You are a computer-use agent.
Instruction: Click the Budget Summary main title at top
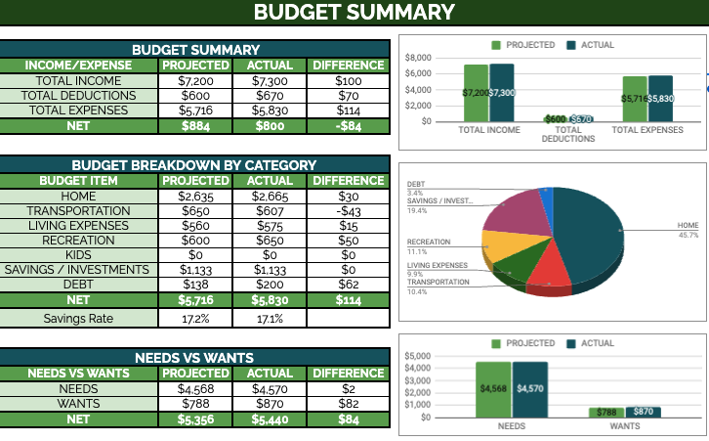354,13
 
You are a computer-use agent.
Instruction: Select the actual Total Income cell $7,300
271,81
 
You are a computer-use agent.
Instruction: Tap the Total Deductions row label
85,96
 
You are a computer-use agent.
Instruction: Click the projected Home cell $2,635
195,197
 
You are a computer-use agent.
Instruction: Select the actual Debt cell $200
271,285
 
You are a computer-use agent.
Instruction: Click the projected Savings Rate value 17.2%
195,319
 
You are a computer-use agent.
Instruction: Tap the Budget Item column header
78,181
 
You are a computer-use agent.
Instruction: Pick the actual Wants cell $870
271,404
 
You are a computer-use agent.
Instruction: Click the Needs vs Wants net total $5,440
271,419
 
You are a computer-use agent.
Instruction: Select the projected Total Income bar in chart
476,93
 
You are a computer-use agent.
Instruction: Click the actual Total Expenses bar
660,98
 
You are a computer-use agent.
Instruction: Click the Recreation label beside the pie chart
429,241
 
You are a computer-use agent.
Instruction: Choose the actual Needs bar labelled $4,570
529,389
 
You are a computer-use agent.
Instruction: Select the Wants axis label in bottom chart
624,427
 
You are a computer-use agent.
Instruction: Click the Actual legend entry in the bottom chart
591,344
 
